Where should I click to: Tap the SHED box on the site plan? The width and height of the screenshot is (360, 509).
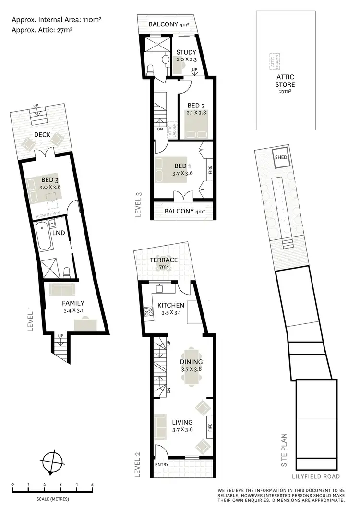[280, 157]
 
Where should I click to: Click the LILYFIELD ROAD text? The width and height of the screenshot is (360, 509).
[316, 476]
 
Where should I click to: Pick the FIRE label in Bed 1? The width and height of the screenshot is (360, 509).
[210, 170]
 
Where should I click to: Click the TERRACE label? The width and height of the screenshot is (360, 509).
[164, 260]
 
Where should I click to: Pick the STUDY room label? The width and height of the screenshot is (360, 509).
[186, 52]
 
